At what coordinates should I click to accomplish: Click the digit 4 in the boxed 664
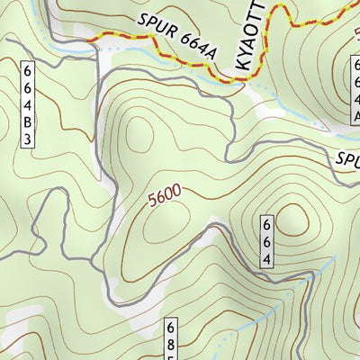click(x=267, y=260)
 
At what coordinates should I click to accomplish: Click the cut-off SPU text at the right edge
click(x=348, y=159)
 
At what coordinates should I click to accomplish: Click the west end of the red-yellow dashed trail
click(x=89, y=40)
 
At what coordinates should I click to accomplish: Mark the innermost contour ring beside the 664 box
click(x=293, y=221)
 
